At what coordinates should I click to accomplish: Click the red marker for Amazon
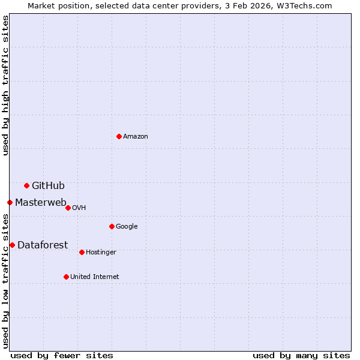tap(119, 136)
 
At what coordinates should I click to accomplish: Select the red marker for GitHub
tap(26, 185)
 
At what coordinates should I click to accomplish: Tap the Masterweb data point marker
tap(10, 202)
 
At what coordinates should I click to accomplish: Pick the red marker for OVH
tap(68, 208)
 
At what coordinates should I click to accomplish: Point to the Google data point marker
tap(112, 226)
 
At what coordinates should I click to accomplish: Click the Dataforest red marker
tap(12, 245)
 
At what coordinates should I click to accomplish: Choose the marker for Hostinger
tap(82, 252)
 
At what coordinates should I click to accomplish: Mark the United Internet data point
tap(66, 277)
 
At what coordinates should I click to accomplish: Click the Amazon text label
tap(136, 136)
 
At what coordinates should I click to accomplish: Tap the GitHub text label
tap(48, 185)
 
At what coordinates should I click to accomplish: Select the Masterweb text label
tap(41, 202)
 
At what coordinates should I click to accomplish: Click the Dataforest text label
tap(43, 245)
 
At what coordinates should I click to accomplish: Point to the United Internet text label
tap(94, 277)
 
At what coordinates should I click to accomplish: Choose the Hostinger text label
tap(101, 252)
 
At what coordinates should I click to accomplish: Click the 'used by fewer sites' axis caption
tap(62, 355)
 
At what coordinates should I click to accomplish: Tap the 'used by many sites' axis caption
tap(301, 355)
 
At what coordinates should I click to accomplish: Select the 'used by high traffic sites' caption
tap(5, 86)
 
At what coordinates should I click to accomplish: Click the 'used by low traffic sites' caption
tap(5, 281)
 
